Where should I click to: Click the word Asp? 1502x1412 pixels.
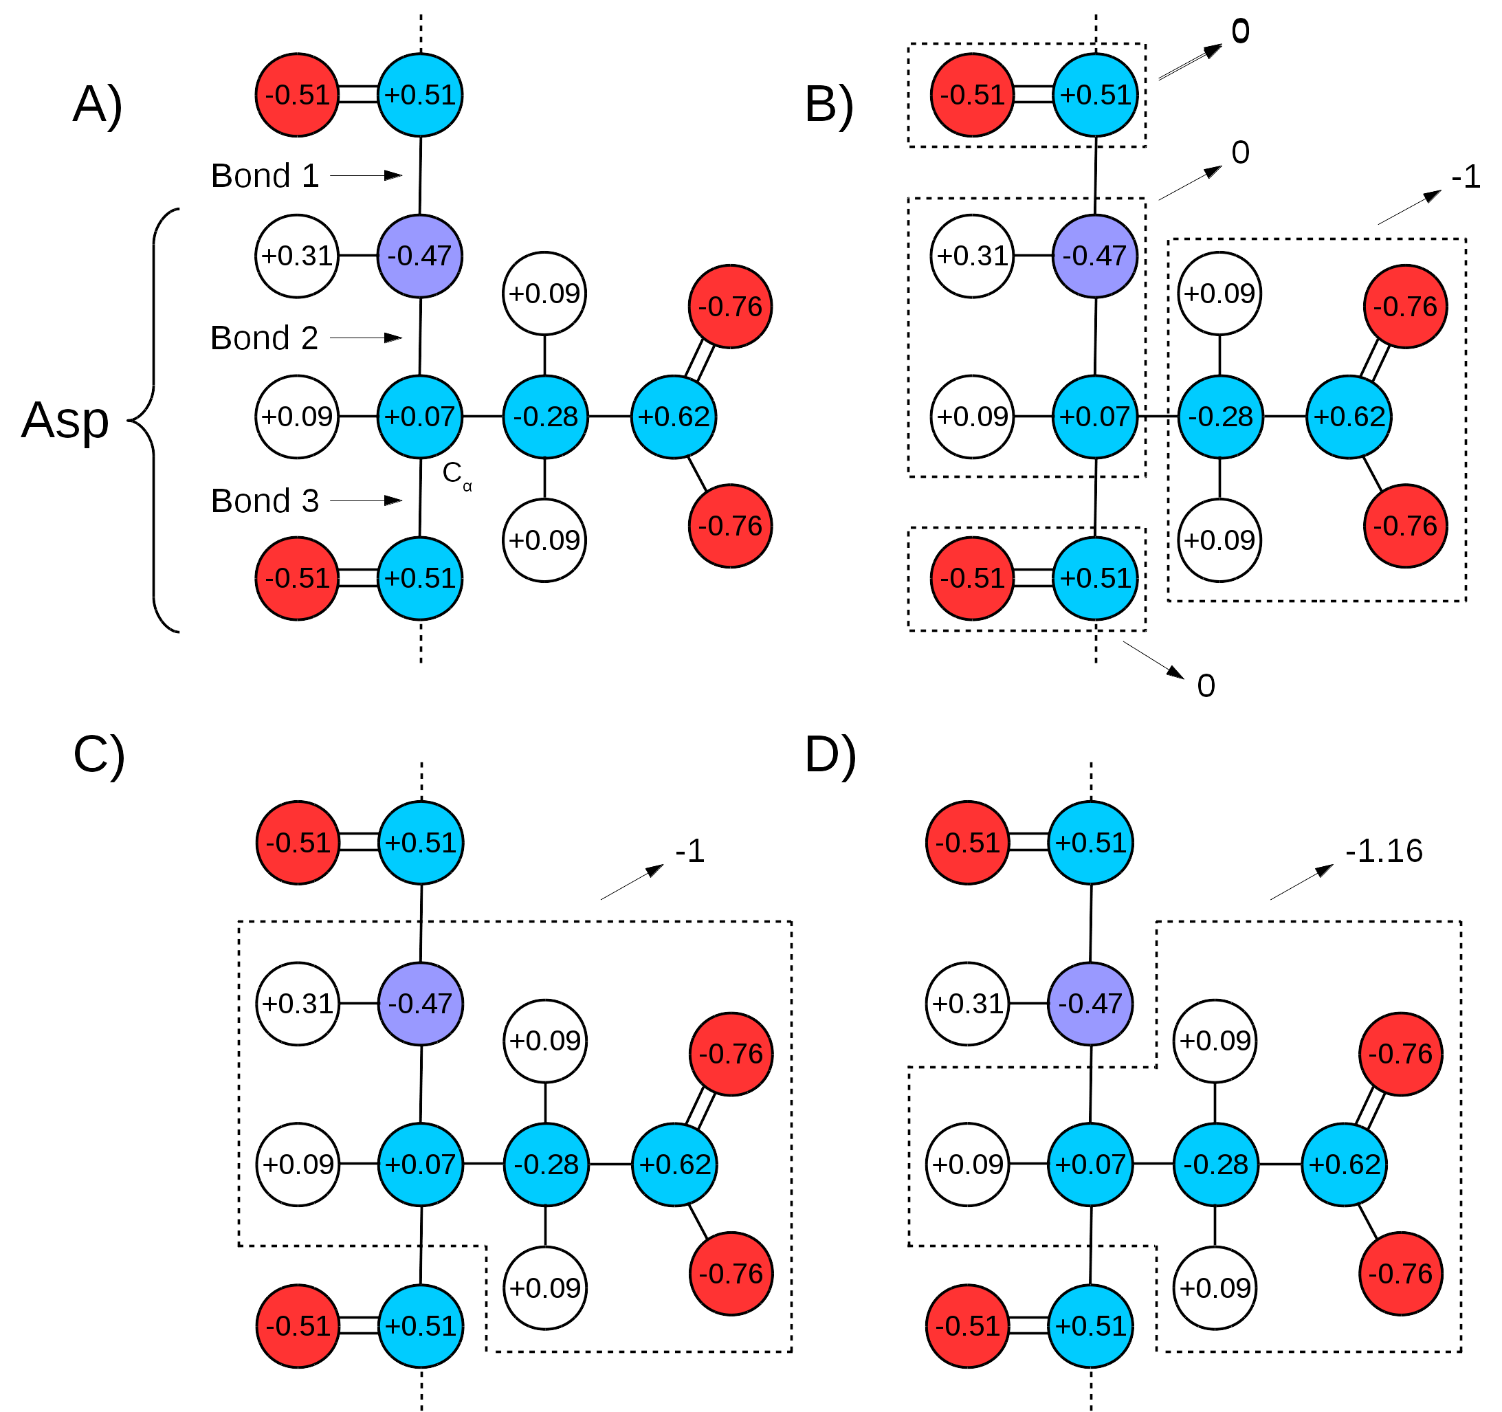click(x=65, y=419)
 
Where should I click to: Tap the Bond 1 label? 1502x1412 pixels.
click(x=265, y=176)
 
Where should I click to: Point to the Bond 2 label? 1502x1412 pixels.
click(x=265, y=338)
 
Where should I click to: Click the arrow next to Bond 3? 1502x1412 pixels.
click(x=366, y=500)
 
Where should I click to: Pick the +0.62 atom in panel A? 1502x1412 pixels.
click(x=674, y=417)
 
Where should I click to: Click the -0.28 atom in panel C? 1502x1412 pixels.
click(x=546, y=1165)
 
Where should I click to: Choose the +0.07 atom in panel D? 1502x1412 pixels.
click(x=1090, y=1165)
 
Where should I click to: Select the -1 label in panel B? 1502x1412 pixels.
click(x=1466, y=177)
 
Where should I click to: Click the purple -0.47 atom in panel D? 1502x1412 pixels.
click(x=1090, y=1003)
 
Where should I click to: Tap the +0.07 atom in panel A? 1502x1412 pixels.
click(x=420, y=417)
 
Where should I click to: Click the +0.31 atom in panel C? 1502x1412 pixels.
click(x=298, y=1003)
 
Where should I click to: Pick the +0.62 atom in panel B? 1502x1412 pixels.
click(x=1349, y=417)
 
